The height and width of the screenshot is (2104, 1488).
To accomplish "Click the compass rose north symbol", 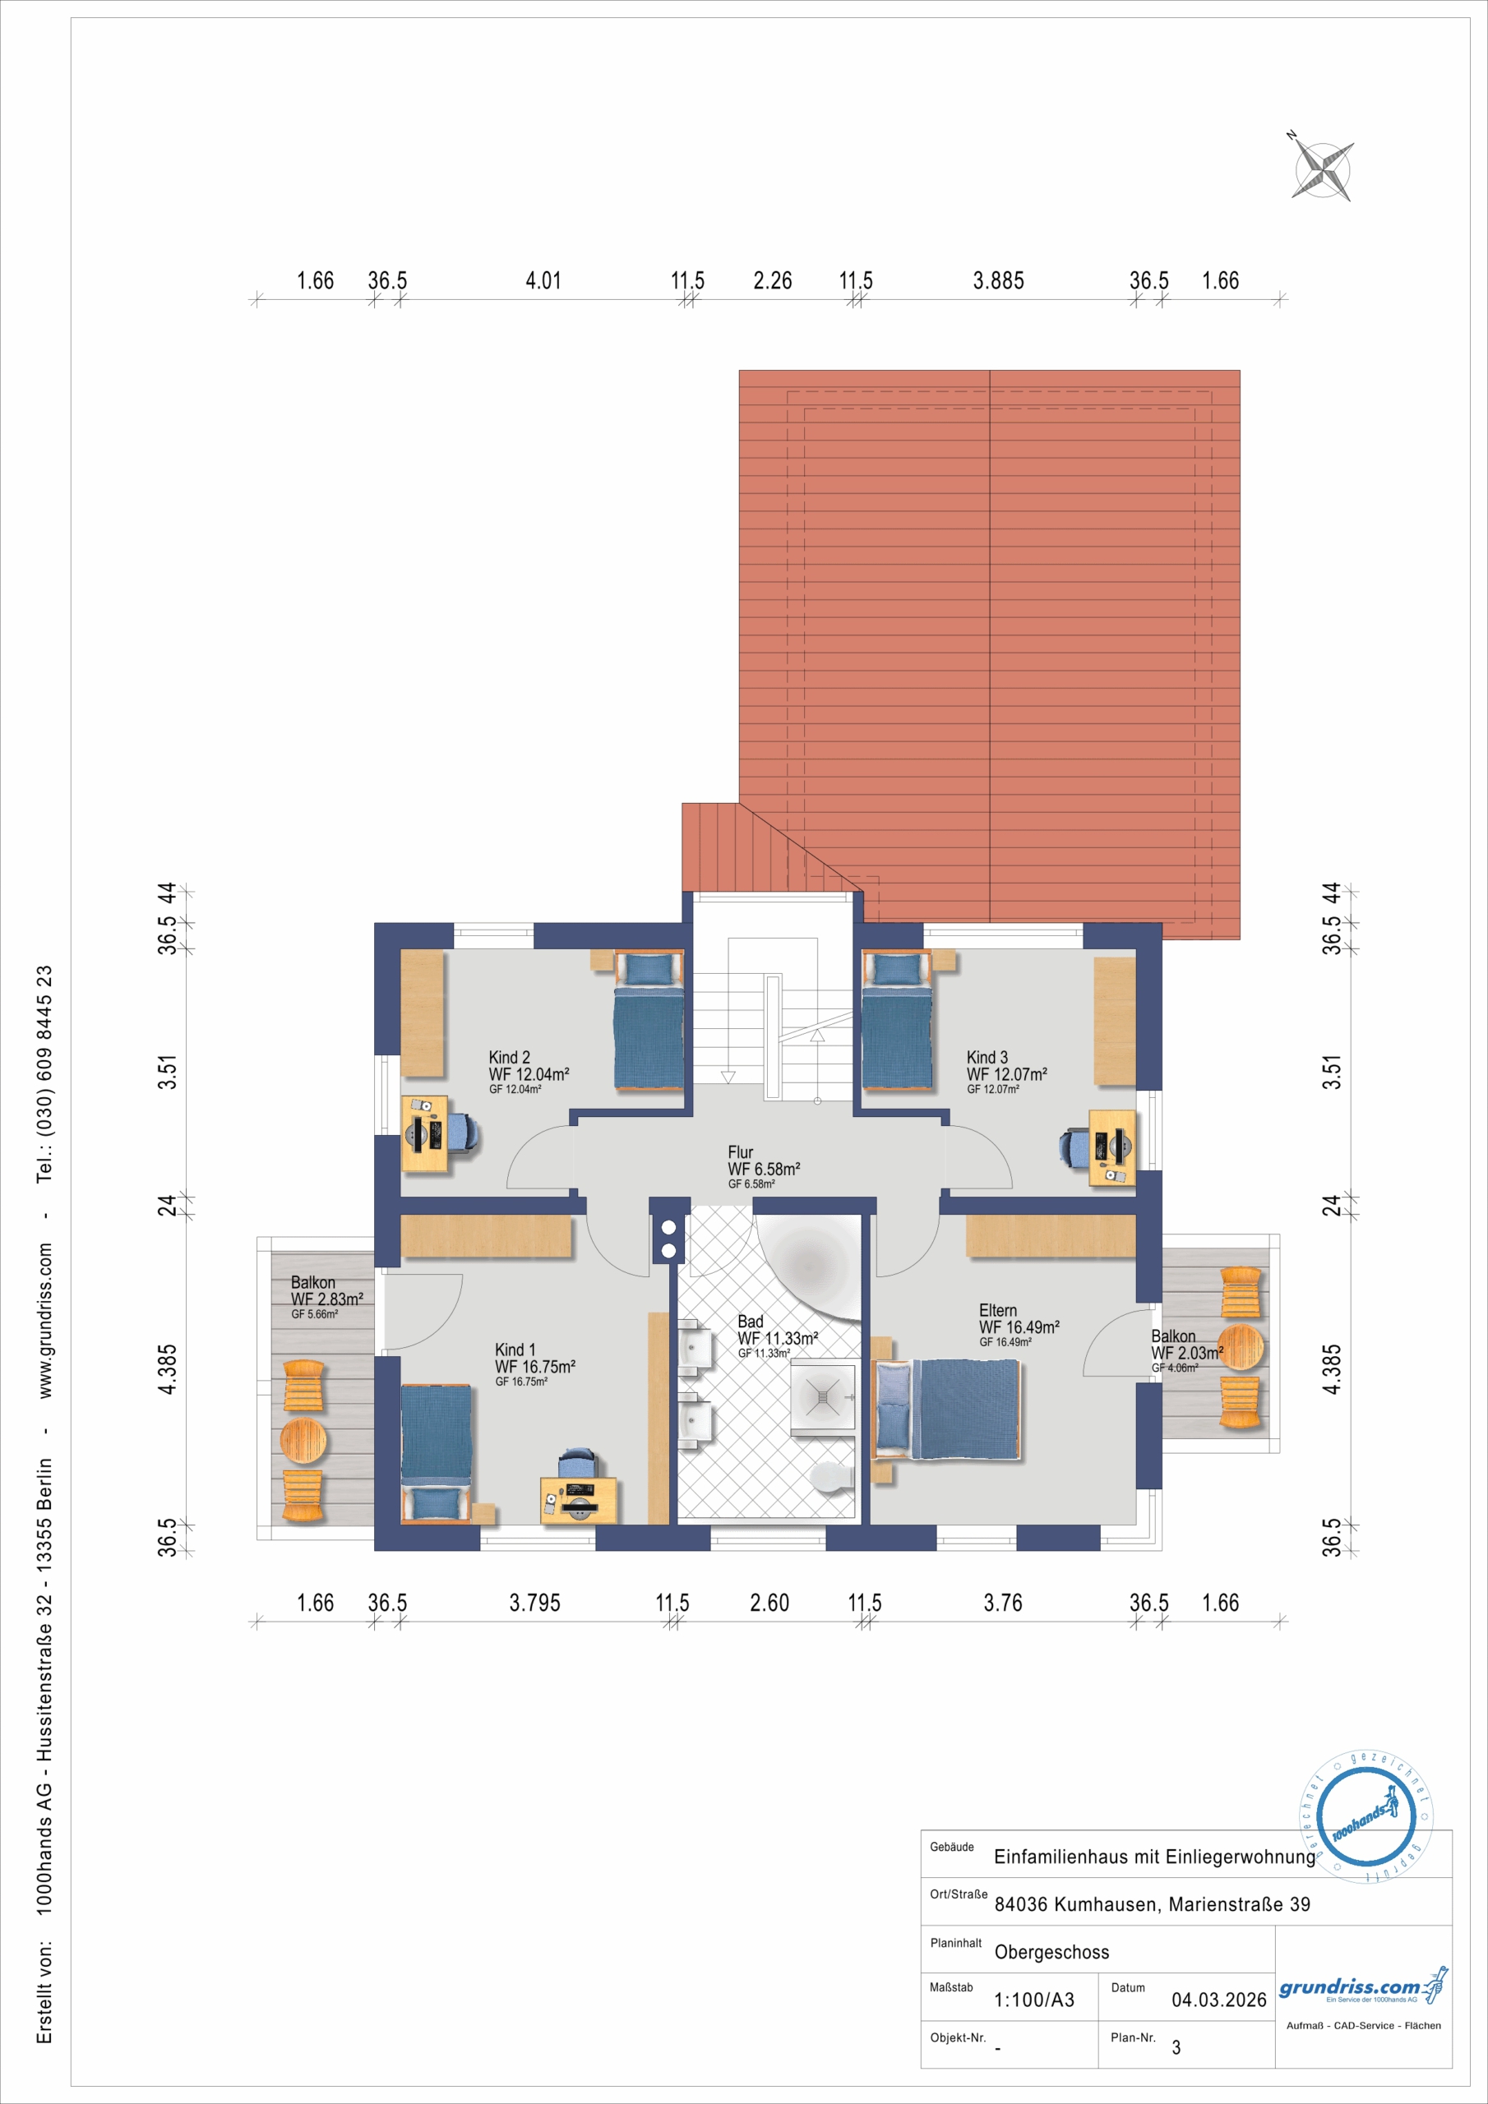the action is [1322, 169].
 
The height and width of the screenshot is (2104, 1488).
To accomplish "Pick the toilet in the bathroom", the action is [834, 1475].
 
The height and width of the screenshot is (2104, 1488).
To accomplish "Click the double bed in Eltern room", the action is [947, 1409].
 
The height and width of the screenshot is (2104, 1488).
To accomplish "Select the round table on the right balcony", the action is [1241, 1347].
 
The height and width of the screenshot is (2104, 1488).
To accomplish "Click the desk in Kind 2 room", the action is [424, 1133].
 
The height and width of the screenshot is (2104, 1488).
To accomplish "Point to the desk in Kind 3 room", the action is [1112, 1147].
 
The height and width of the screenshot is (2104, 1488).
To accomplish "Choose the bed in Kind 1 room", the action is [437, 1452].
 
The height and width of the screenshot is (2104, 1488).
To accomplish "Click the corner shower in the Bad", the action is [822, 1396].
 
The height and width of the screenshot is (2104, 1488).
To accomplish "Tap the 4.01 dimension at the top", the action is [543, 280].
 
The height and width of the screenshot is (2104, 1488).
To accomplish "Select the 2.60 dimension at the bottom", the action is [769, 1603].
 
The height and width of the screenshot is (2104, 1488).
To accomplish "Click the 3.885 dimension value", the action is [998, 280].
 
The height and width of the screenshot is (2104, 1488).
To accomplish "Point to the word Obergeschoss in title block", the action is [1051, 1952].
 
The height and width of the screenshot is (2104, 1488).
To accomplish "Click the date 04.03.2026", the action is [1218, 2000].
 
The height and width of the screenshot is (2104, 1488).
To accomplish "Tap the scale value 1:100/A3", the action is [1034, 2000].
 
